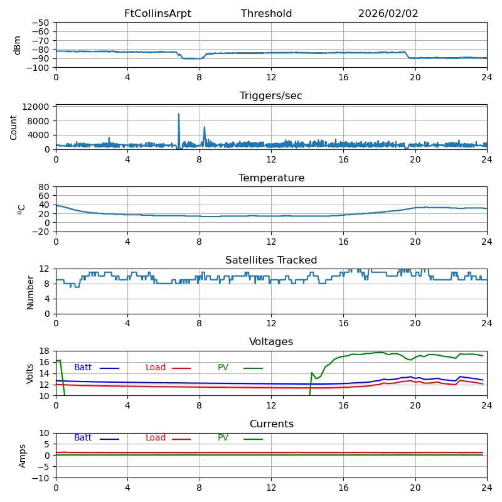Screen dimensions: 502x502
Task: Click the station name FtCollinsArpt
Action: pos(158,14)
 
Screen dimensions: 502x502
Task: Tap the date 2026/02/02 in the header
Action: pos(388,14)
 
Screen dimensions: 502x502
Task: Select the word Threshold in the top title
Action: pos(266,14)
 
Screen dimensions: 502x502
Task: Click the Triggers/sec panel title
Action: pos(271,96)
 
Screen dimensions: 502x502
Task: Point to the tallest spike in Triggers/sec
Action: pos(179,114)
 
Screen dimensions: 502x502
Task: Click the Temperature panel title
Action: pos(271,178)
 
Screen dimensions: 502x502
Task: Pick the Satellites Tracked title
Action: pos(271,260)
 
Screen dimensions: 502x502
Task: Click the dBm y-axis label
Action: pos(18,45)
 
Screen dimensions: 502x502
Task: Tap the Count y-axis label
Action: pos(14,127)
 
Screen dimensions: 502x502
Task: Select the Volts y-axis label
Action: pos(30,373)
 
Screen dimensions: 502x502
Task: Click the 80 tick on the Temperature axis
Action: pos(45,187)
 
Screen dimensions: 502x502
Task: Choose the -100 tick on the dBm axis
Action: pos(40,67)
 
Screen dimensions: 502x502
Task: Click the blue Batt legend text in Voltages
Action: pos(83,368)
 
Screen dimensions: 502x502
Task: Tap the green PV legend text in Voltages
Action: pos(223,368)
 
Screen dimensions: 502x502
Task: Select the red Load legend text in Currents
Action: pos(156,438)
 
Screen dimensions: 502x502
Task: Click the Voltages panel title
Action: pos(271,342)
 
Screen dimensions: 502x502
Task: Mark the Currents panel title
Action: pos(271,424)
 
